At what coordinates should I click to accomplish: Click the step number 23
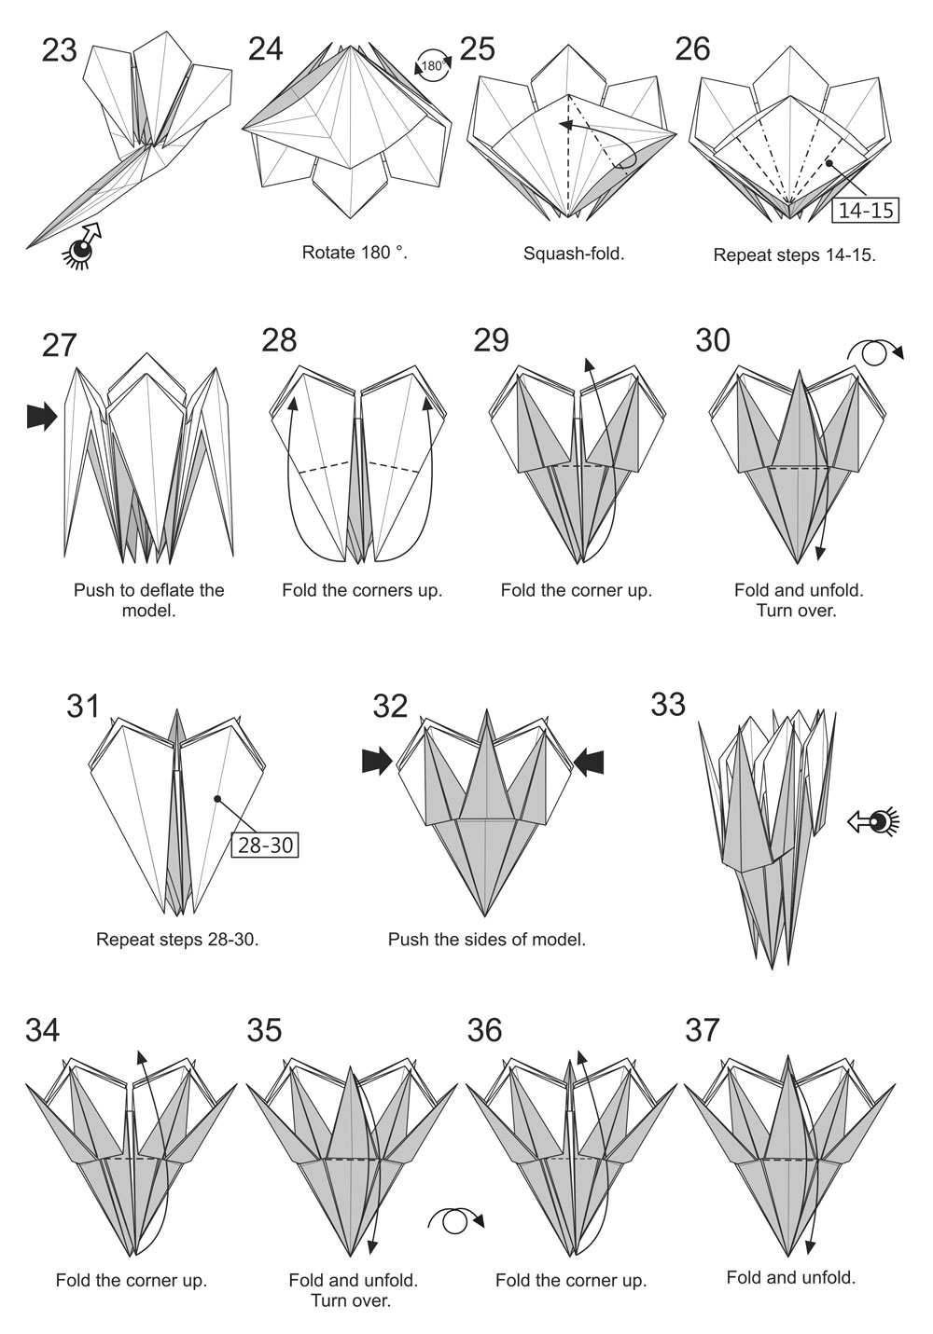click(59, 50)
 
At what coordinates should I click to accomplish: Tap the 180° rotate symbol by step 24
click(433, 65)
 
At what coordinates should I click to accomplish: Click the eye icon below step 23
click(82, 245)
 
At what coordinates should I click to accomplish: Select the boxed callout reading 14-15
click(866, 211)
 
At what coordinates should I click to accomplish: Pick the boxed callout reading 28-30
click(265, 845)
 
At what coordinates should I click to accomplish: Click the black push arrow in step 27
click(42, 417)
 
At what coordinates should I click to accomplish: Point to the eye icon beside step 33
click(873, 822)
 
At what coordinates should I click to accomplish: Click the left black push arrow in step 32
click(377, 761)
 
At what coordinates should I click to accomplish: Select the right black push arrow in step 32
click(589, 761)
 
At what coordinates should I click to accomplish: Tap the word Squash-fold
click(574, 254)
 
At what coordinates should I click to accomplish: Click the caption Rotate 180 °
click(355, 253)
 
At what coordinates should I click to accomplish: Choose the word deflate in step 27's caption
click(174, 590)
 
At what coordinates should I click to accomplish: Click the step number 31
click(83, 707)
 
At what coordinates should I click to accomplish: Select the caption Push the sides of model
click(487, 940)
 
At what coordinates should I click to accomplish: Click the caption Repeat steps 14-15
click(795, 254)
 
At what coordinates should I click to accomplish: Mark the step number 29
click(492, 340)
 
